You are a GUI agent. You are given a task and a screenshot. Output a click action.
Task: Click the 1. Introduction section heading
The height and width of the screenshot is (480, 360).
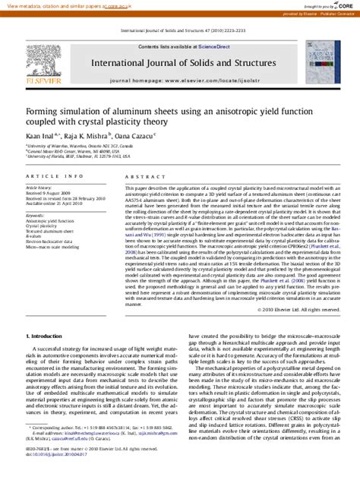[48, 356]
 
